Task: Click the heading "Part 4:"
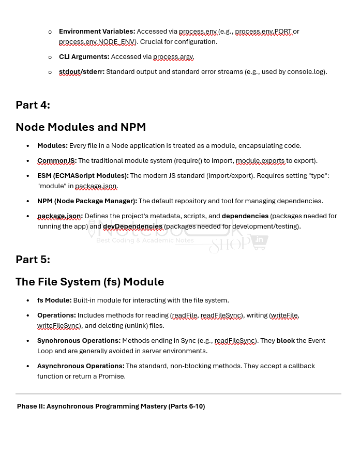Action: tap(33, 105)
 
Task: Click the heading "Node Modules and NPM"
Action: tap(81, 127)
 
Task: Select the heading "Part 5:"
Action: tap(33, 260)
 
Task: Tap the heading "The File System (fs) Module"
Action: tap(89, 282)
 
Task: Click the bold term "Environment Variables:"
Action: tap(97, 32)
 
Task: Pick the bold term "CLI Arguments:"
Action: tap(84, 57)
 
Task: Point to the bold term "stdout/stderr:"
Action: tap(81, 72)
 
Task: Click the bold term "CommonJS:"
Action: tap(56, 161)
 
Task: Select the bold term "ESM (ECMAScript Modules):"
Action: tap(83, 176)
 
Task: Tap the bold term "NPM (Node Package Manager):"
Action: tap(87, 201)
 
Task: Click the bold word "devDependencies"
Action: tap(132, 227)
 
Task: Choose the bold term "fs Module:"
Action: tap(54, 300)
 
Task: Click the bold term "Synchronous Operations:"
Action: tap(79, 341)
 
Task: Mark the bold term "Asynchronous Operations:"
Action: tap(81, 366)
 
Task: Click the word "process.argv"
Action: tap(173, 57)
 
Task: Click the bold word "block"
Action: tap(285, 341)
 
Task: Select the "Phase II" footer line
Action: tap(111, 406)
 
